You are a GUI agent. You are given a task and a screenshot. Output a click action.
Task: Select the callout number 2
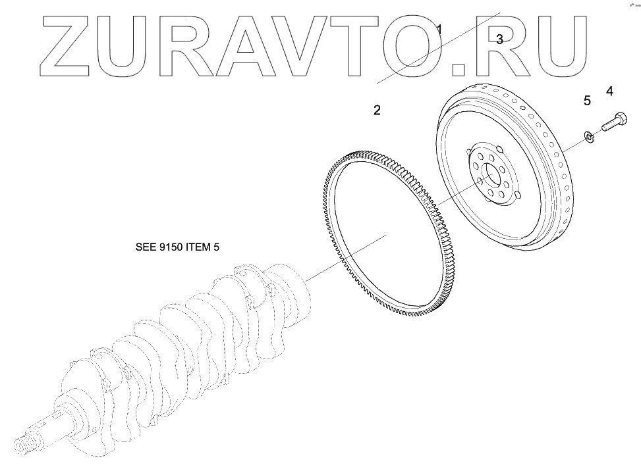pos(377,110)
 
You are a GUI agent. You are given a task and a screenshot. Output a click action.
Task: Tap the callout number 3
pos(499,39)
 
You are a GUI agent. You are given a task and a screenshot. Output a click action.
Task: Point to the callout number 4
pos(609,91)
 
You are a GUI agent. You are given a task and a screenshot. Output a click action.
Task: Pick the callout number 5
pos(586,101)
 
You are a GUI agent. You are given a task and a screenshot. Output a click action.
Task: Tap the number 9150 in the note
pos(173,247)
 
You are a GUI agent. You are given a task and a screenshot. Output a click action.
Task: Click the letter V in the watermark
pos(312,43)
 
